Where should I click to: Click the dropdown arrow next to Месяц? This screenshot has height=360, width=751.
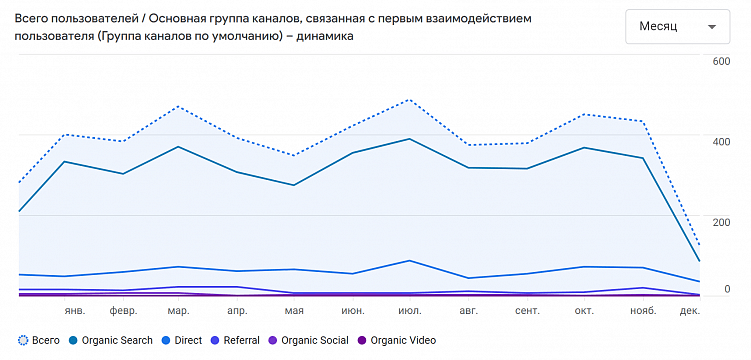(x=711, y=27)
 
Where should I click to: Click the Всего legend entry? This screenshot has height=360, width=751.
(x=39, y=341)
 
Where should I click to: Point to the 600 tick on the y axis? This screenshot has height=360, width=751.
(x=721, y=61)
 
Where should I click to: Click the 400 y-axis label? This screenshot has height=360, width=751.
(x=721, y=141)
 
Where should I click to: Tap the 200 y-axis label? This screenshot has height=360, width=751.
(x=721, y=221)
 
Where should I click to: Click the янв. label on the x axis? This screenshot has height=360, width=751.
(x=75, y=311)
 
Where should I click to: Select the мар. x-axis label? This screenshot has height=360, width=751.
(x=179, y=311)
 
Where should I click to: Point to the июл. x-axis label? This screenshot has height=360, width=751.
(x=409, y=311)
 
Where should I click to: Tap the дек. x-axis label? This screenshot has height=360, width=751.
(x=690, y=311)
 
